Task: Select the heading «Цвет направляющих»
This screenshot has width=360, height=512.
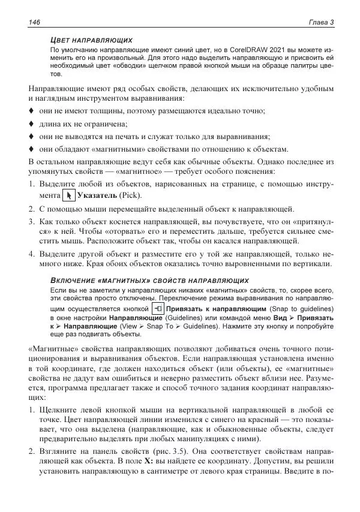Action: [x=91, y=39]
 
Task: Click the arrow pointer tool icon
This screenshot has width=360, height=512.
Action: [x=69, y=196]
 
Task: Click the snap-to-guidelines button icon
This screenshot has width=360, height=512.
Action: [x=158, y=308]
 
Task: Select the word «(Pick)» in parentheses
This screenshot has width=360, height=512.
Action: [x=131, y=196]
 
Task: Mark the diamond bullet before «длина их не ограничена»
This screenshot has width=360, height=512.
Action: [x=32, y=124]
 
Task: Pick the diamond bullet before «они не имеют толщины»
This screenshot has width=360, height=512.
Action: [x=32, y=112]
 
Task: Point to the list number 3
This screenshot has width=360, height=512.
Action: [x=32, y=222]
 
